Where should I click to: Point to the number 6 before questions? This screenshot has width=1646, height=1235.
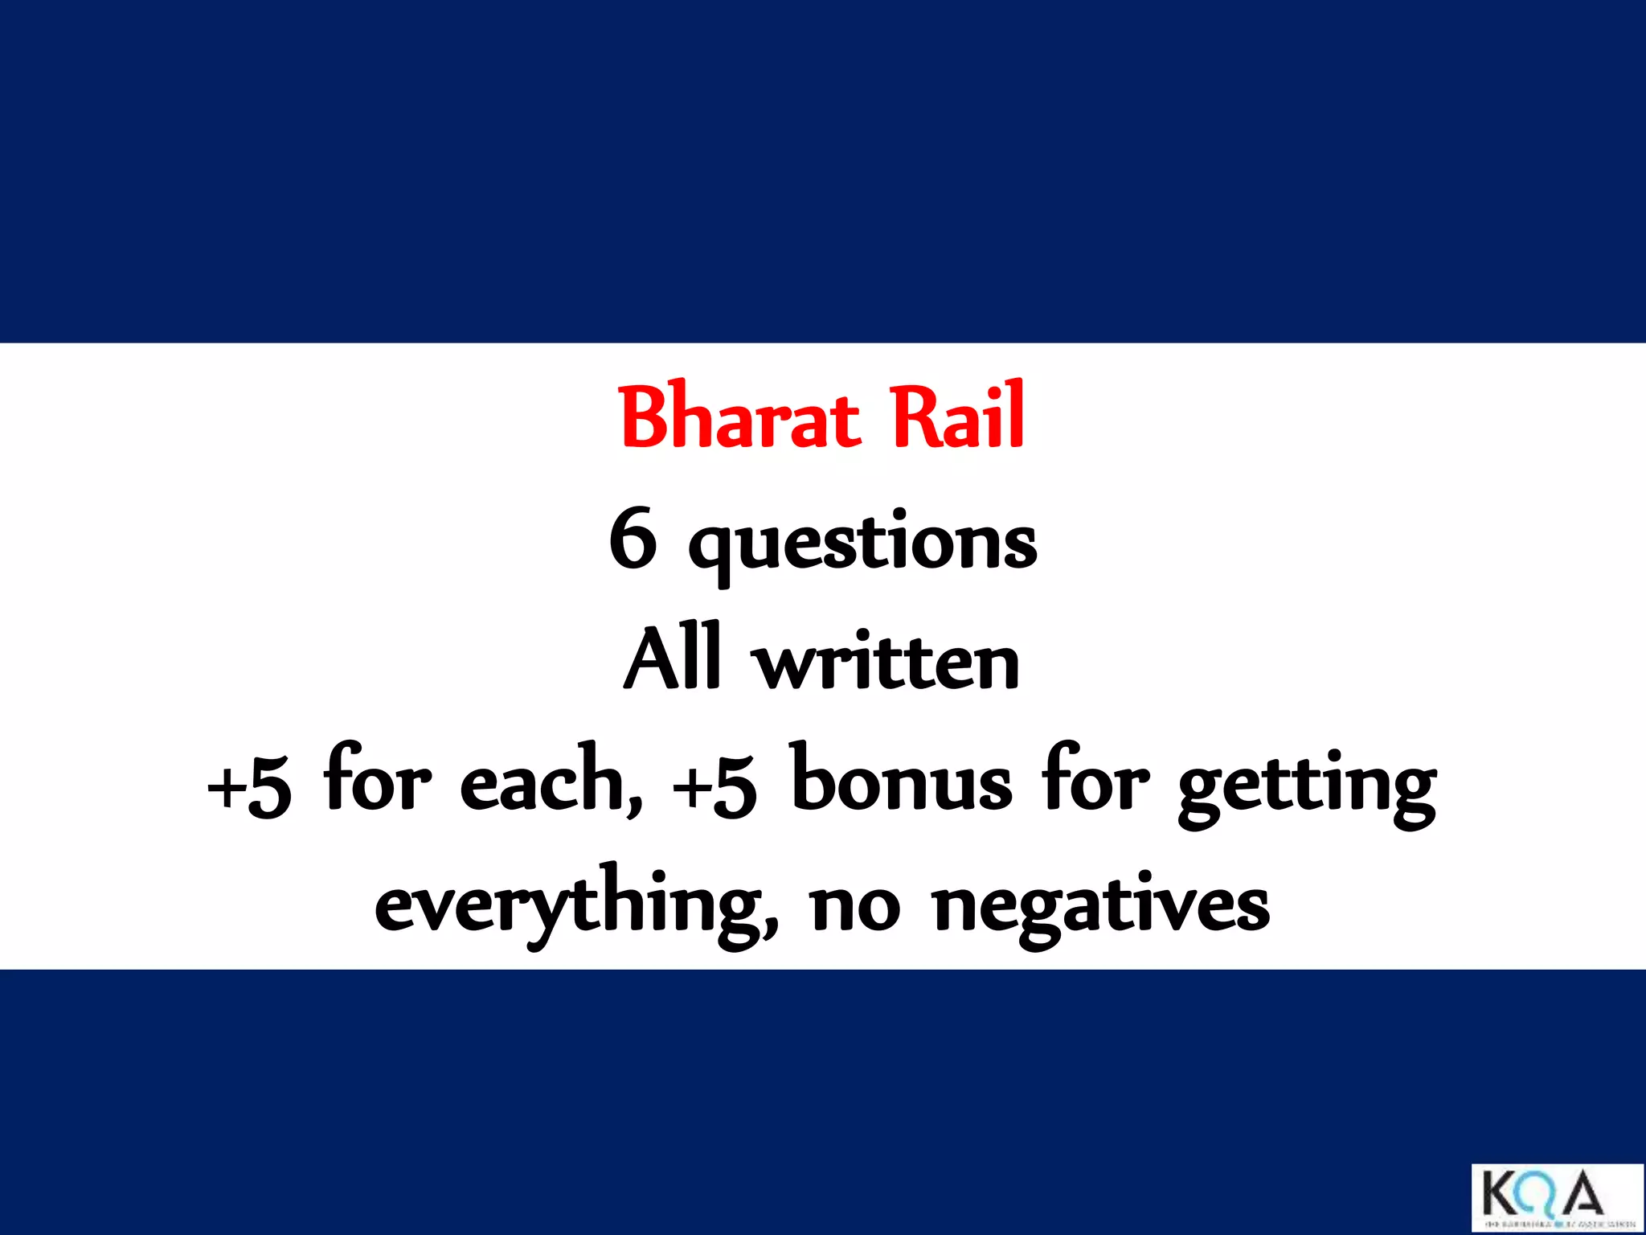click(633, 539)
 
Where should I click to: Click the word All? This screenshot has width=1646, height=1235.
click(672, 659)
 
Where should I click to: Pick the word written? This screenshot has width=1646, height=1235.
click(889, 663)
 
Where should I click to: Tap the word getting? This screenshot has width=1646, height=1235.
click(1307, 786)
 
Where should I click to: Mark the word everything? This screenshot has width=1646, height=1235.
click(577, 905)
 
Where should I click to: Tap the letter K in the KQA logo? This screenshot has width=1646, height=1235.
click(1501, 1193)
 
